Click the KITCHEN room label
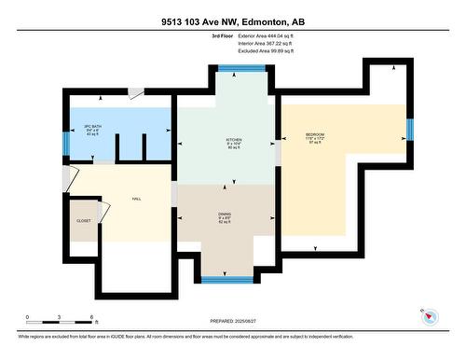tap(235, 142)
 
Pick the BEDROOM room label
tap(315, 138)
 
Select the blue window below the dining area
tap(227, 279)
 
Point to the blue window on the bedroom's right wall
tap(409, 129)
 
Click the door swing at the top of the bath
tap(136, 93)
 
